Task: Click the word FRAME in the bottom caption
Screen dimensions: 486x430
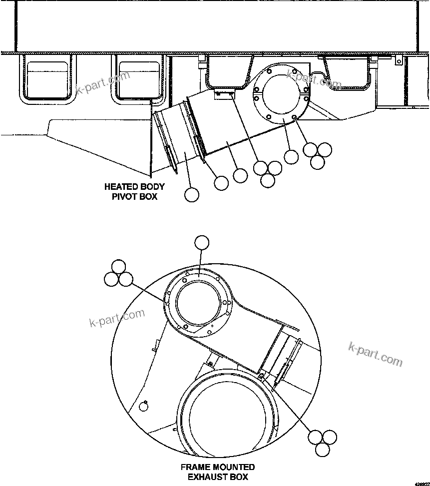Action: pos(196,468)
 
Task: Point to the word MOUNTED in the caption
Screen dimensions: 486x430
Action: pos(234,468)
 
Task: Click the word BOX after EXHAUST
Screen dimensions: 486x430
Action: pos(239,477)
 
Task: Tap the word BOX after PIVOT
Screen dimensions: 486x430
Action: pos(148,197)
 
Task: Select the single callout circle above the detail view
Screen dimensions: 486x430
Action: pos(202,243)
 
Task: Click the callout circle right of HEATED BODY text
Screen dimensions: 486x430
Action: pos(191,194)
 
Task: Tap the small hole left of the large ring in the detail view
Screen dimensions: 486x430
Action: pos(144,406)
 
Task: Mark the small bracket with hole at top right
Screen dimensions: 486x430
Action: pos(398,60)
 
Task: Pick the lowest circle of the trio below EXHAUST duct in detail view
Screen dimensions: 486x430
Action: pos(323,450)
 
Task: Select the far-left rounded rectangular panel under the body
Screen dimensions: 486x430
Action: pos(46,78)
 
